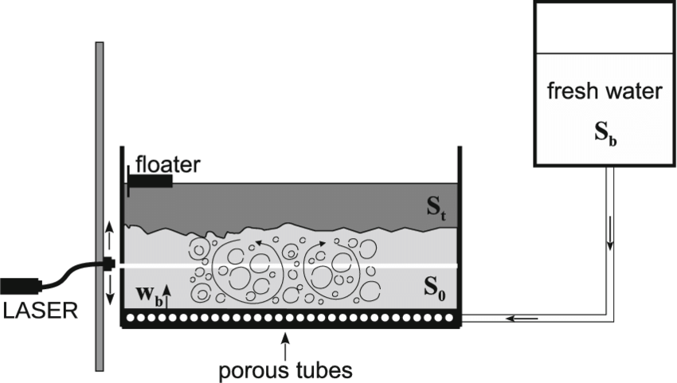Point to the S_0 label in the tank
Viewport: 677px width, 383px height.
[434, 292]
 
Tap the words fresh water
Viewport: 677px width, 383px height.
[604, 92]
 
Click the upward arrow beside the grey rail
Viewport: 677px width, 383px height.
[110, 235]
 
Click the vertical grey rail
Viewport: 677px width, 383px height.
[99, 159]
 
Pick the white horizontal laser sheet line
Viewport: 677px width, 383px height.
[319, 264]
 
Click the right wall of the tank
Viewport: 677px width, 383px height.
[459, 231]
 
